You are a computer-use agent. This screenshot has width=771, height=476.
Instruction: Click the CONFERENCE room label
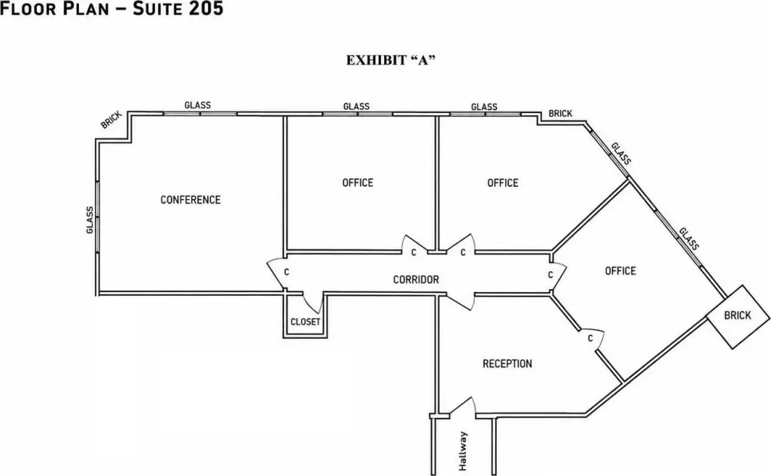click(x=190, y=200)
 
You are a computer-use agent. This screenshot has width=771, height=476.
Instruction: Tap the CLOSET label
click(x=306, y=322)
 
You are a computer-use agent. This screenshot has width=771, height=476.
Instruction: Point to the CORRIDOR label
click(x=416, y=279)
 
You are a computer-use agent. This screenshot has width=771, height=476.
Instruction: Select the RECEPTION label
click(x=507, y=363)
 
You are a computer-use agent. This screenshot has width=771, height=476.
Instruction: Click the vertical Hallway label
click(x=463, y=451)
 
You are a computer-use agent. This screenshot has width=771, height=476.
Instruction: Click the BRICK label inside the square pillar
click(x=737, y=316)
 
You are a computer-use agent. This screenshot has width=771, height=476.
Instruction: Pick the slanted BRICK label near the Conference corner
click(x=111, y=120)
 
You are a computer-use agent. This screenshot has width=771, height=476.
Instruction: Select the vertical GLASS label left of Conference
click(x=90, y=220)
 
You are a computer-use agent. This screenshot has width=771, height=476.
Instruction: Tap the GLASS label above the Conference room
click(x=198, y=105)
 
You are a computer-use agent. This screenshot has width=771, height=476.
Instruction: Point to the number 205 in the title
click(x=206, y=8)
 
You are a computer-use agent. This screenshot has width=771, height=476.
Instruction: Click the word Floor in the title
click(x=29, y=8)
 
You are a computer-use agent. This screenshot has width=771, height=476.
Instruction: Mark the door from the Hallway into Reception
click(x=462, y=407)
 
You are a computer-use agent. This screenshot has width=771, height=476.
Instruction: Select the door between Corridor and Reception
click(x=460, y=301)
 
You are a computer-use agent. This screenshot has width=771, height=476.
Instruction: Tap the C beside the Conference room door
click(x=287, y=272)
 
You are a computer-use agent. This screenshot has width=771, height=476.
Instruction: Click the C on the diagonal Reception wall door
click(x=590, y=338)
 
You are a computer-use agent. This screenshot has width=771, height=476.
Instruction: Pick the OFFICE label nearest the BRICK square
click(x=620, y=271)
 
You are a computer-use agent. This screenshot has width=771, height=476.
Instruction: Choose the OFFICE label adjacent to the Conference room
click(x=358, y=183)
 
